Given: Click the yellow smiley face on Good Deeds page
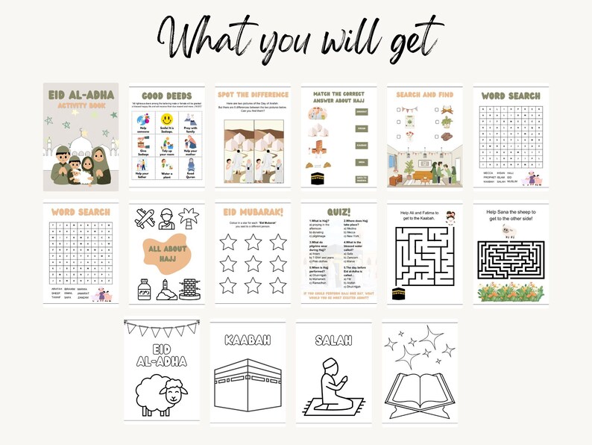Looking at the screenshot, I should click(166, 120).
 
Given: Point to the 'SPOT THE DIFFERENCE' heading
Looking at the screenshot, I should click(253, 95).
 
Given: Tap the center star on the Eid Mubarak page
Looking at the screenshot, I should click(252, 263).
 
